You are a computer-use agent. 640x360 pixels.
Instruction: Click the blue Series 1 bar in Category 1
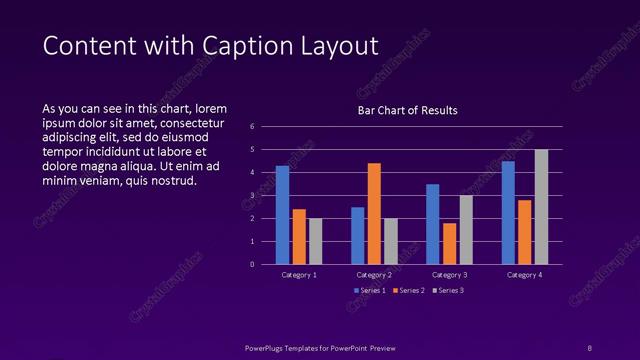(282, 215)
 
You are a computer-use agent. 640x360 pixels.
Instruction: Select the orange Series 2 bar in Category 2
(374, 213)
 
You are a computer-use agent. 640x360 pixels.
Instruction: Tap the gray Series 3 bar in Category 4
(541, 207)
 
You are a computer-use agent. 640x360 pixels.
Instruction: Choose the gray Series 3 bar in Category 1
(315, 241)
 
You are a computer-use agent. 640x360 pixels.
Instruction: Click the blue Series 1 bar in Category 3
(432, 224)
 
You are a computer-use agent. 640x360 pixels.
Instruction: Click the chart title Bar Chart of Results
(407, 110)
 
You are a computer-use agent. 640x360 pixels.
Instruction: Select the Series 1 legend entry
(369, 290)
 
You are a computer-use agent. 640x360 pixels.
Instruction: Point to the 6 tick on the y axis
(253, 127)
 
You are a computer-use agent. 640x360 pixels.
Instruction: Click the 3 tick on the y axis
(253, 196)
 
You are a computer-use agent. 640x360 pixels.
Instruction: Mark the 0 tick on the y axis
(253, 265)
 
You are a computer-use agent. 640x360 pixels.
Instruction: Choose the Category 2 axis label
(374, 275)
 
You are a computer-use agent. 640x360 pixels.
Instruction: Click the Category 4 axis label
(524, 275)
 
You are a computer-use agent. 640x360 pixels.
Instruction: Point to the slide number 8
(589, 347)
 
